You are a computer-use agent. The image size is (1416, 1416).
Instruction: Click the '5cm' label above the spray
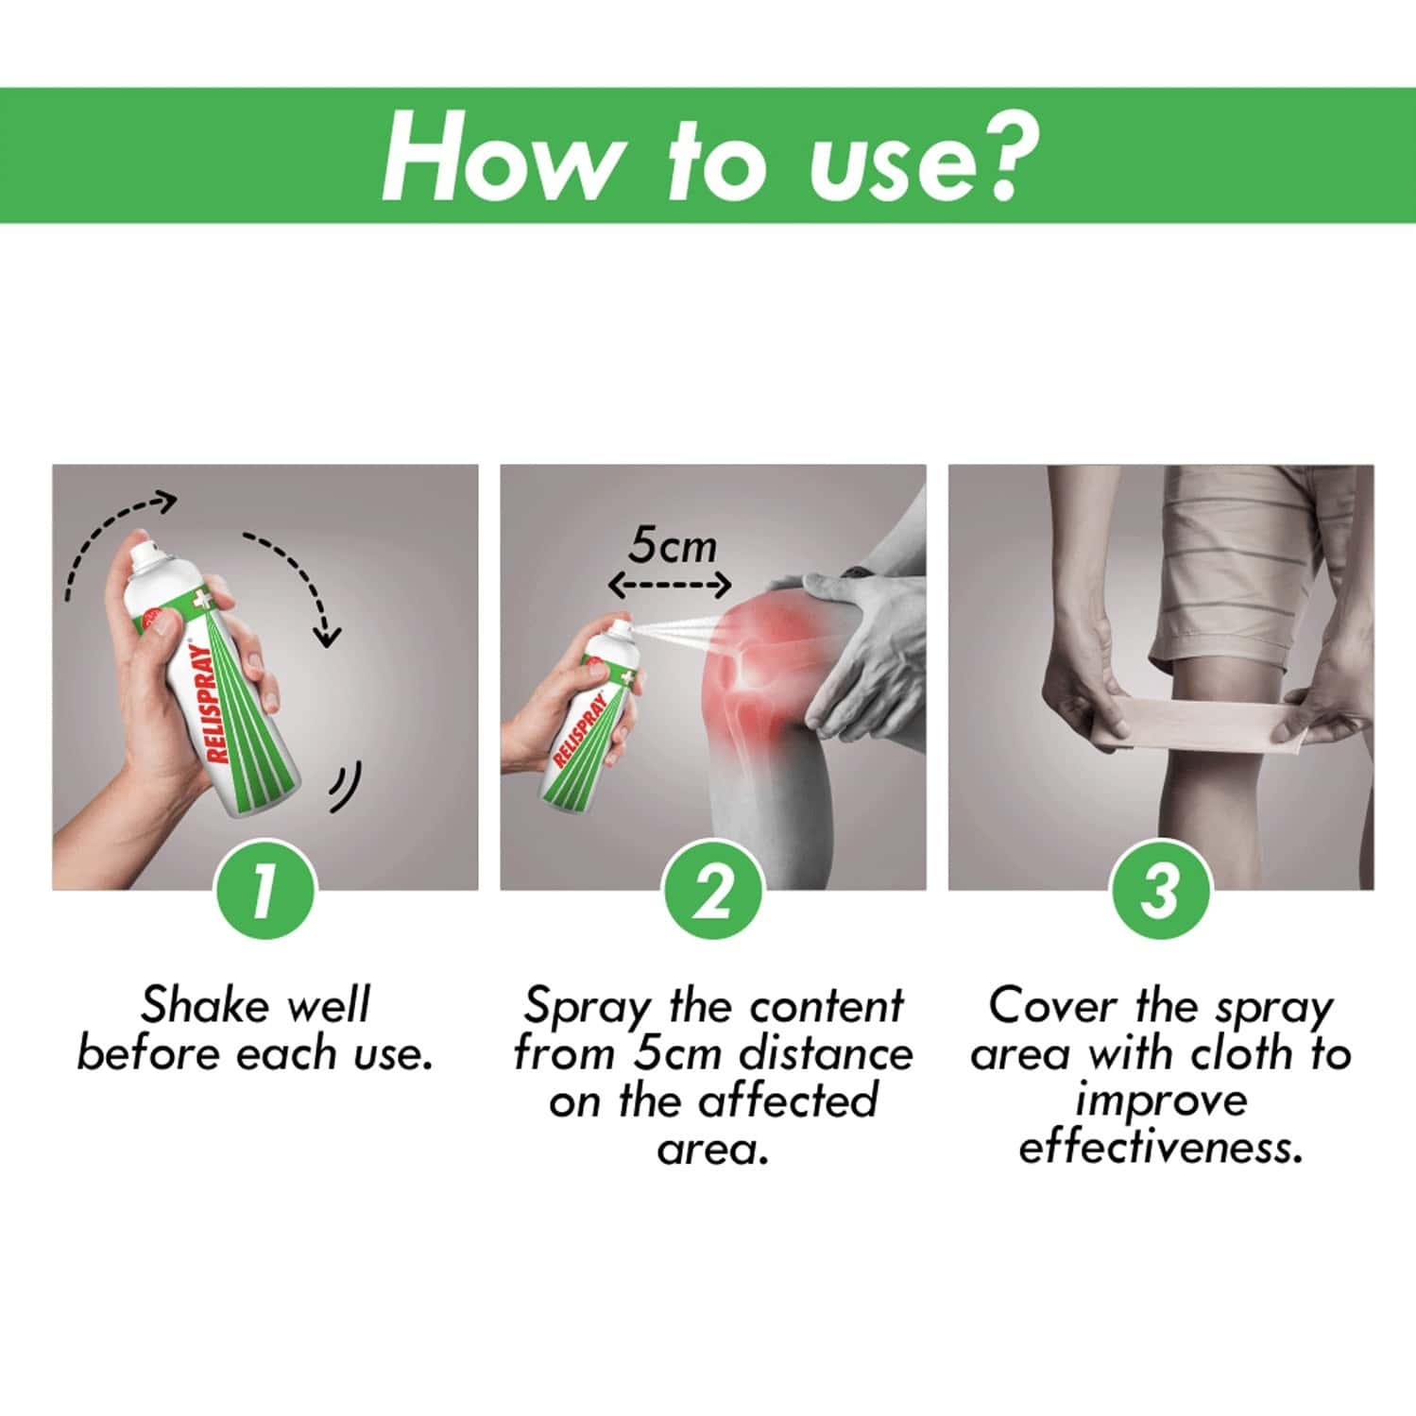point(673,546)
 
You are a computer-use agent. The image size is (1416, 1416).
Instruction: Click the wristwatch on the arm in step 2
point(858,571)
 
